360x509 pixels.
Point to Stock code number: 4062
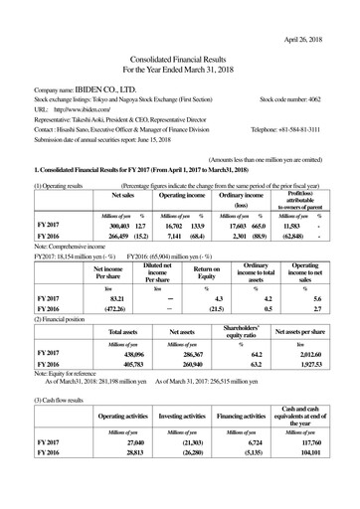coord(296,128)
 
